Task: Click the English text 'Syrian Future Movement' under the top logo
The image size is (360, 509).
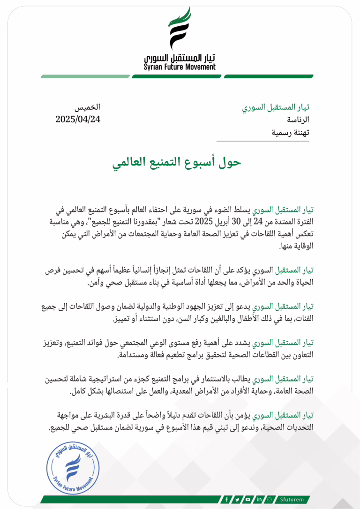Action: pos(180,67)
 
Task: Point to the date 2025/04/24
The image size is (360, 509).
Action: pos(78,119)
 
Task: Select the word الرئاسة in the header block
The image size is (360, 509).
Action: pos(297,120)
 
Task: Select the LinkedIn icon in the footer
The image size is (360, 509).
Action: pos(259,499)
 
